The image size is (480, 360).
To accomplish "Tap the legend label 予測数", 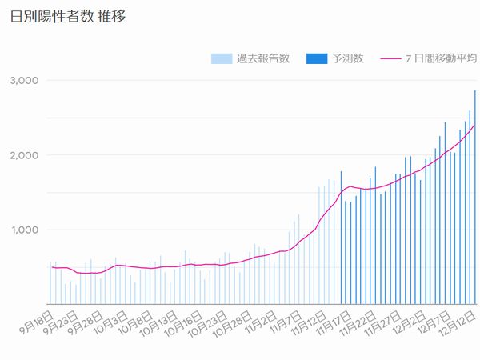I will [x=347, y=58].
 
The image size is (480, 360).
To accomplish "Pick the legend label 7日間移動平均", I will [x=438, y=58].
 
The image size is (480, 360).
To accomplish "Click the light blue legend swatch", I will [x=222, y=58].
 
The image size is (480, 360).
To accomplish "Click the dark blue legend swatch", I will [x=317, y=58].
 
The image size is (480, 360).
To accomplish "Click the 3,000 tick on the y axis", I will [x=25, y=80].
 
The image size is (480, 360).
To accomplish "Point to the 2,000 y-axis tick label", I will [x=25, y=155].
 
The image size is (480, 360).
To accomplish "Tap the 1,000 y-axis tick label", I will [x=25, y=230].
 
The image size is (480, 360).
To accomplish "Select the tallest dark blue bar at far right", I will [x=475, y=200].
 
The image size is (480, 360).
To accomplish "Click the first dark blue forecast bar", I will [x=341, y=240].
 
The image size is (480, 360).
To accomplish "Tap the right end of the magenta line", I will [x=474, y=126].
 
